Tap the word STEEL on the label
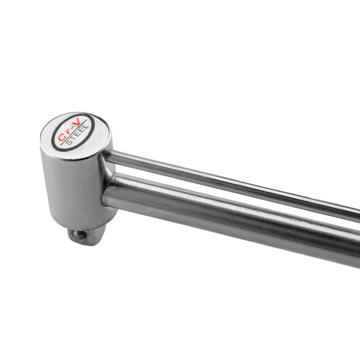pos(77,135)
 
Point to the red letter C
pos(61,137)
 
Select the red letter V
pos(77,122)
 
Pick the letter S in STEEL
pos(68,142)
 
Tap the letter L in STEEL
pos(86,128)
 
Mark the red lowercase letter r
pos(67,133)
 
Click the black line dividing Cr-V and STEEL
pos(73,133)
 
